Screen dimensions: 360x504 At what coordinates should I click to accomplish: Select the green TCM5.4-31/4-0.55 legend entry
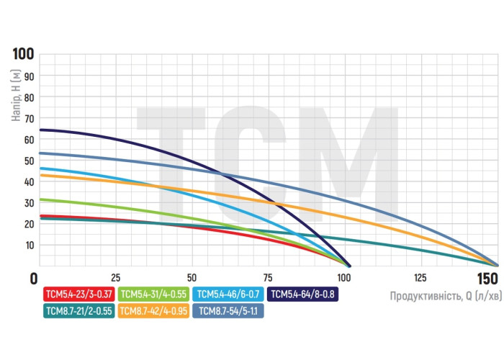[x=152, y=294]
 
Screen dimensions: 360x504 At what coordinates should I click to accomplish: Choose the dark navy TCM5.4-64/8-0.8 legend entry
[x=302, y=294]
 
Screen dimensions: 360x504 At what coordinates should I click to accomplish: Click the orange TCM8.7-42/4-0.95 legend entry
[x=153, y=311]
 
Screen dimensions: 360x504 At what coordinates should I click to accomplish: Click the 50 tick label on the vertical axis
[x=30, y=161]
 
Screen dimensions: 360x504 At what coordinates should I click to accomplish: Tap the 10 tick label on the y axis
[x=30, y=246]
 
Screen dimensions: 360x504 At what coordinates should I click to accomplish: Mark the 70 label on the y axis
[x=30, y=118]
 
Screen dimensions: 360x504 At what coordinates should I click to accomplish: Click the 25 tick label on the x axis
[x=115, y=278]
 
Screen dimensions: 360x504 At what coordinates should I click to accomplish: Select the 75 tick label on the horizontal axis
[x=268, y=278]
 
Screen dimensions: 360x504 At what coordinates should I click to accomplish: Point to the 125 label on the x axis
[x=420, y=278]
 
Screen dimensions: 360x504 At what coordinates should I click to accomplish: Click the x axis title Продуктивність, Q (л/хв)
[x=444, y=295]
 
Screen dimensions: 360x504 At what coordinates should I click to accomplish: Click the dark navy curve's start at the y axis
[x=40, y=130]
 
